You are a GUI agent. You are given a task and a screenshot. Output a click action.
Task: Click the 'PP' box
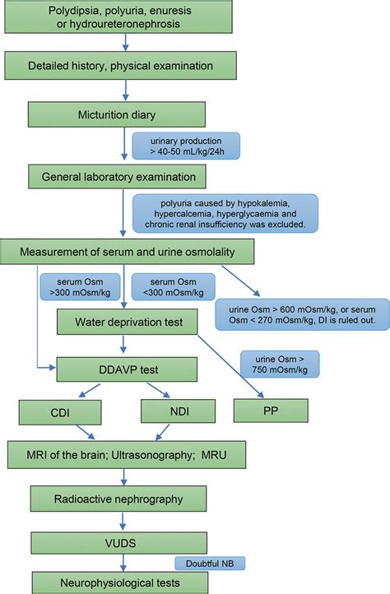coord(270,408)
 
